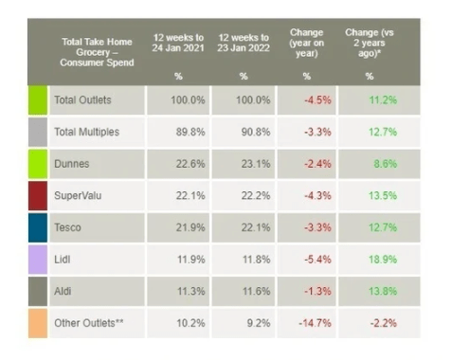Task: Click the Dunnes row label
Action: click(x=72, y=164)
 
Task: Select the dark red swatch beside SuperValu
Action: click(x=38, y=195)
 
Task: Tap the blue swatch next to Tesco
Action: click(x=38, y=227)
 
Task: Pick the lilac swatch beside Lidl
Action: click(x=38, y=260)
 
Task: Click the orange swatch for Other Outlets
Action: click(x=38, y=323)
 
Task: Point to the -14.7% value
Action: click(x=315, y=323)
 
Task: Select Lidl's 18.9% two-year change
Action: click(x=383, y=260)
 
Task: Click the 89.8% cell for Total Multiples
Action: click(x=190, y=132)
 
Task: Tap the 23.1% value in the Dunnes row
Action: click(x=256, y=164)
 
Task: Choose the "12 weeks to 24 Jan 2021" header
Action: click(x=178, y=43)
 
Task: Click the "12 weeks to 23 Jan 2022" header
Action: click(x=244, y=43)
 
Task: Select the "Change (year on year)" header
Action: click(x=307, y=43)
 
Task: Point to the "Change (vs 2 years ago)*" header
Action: click(x=370, y=43)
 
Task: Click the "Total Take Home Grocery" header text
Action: click(x=97, y=47)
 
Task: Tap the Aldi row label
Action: click(x=63, y=291)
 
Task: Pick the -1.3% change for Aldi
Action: click(x=317, y=291)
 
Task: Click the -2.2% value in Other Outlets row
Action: click(x=384, y=323)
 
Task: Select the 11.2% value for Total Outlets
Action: click(x=383, y=100)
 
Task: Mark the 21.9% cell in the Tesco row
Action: click(x=190, y=227)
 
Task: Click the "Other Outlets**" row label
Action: click(x=89, y=323)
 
